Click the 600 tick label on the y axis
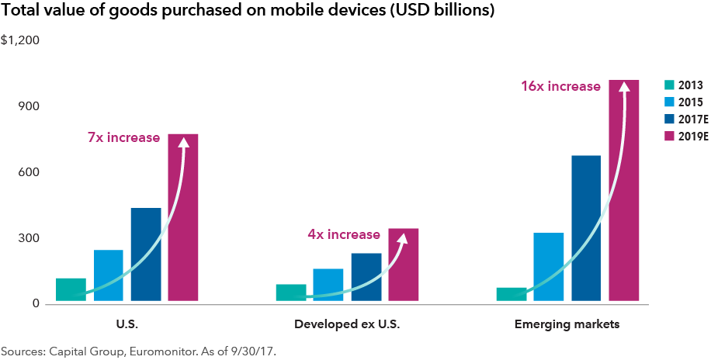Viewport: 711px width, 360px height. (18, 172)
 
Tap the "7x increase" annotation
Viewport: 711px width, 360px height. (123, 138)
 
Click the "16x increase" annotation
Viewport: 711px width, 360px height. (560, 86)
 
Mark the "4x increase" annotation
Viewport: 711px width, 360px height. (344, 234)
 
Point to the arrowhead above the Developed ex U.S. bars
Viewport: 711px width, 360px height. (403, 240)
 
